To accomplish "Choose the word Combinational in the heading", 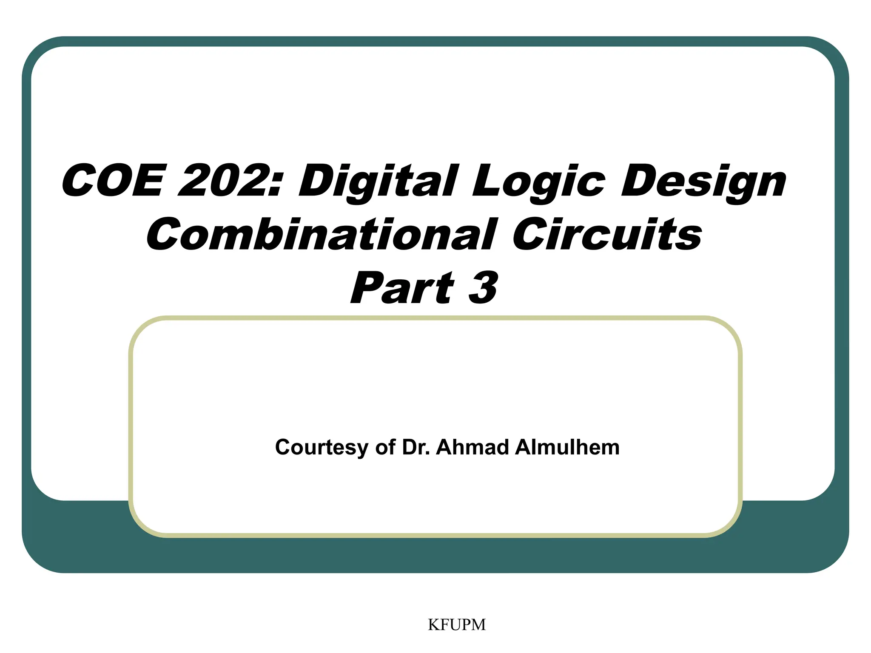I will tap(322, 235).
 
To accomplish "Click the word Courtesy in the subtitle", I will tap(322, 448).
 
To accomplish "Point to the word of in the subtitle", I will tap(385, 447).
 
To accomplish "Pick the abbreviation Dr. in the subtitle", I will tap(416, 447).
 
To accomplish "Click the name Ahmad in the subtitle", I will tap(473, 447).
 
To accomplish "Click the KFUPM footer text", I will tap(457, 625).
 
